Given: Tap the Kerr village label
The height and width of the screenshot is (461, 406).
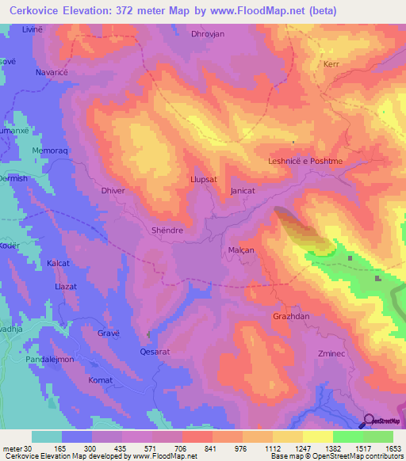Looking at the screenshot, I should tap(331, 64).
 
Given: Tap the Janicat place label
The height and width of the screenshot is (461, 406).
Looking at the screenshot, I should tap(243, 192).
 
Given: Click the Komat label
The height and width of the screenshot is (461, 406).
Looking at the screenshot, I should tap(100, 381).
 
